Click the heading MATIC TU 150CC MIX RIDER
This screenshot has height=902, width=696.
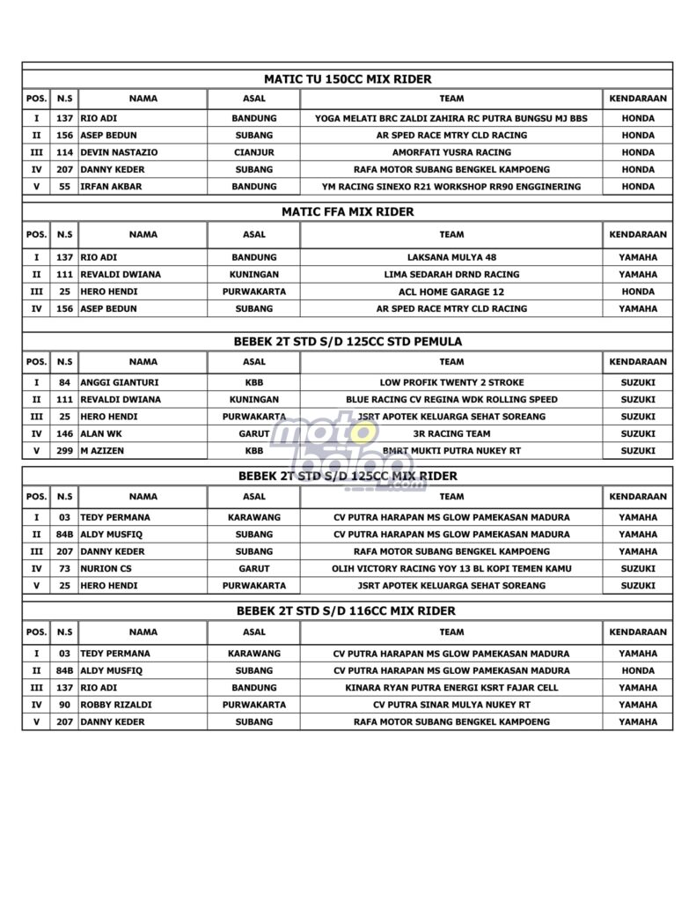(x=348, y=79)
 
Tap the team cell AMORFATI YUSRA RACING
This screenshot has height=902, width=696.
(x=451, y=152)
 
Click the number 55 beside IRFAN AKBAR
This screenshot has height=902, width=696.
(x=63, y=187)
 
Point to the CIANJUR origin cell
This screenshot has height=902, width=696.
(x=253, y=152)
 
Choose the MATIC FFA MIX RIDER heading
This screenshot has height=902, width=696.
(x=348, y=211)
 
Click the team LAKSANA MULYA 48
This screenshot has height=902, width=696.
(x=451, y=257)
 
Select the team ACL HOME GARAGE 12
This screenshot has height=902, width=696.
(x=451, y=292)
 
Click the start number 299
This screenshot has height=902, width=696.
(x=63, y=451)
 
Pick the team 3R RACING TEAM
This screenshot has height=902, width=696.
(x=451, y=433)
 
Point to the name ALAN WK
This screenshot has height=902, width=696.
(x=100, y=433)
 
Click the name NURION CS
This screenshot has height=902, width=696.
(x=106, y=568)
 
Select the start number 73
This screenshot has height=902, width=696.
(x=63, y=568)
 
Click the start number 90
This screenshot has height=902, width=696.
(x=63, y=705)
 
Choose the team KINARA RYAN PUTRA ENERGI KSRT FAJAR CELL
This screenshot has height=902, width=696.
(x=451, y=688)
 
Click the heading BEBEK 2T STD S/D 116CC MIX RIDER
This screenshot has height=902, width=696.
(x=348, y=610)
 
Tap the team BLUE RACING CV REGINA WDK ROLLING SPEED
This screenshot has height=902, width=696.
(x=451, y=399)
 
